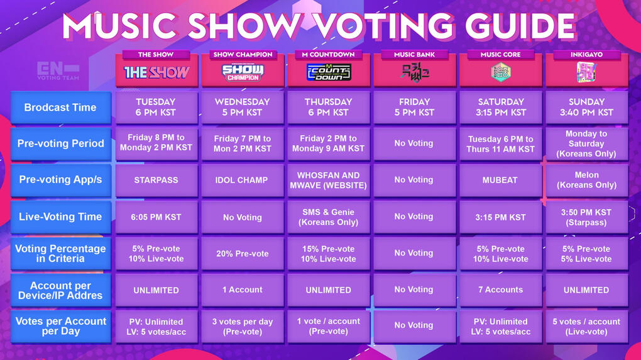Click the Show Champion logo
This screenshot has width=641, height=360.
pyautogui.click(x=243, y=73)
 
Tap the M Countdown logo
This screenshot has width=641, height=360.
pyautogui.click(x=329, y=72)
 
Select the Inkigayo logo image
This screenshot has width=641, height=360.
pyautogui.click(x=586, y=72)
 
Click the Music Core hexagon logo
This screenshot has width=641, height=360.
pyautogui.click(x=500, y=72)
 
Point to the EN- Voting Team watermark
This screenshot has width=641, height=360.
pyautogui.click(x=58, y=71)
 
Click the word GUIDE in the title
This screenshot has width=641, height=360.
pyautogui.click(x=520, y=26)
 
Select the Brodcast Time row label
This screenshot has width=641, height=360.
pyautogui.click(x=60, y=107)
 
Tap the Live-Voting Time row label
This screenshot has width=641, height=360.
pyautogui.click(x=60, y=217)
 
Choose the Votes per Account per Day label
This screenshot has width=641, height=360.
pyautogui.click(x=60, y=326)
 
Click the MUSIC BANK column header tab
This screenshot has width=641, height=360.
pyautogui.click(x=415, y=55)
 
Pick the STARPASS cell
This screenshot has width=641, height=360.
pyautogui.click(x=156, y=180)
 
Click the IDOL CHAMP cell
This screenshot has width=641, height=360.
pyautogui.click(x=243, y=180)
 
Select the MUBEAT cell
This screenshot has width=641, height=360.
pyautogui.click(x=500, y=180)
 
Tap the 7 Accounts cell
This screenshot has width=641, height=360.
pyautogui.click(x=500, y=290)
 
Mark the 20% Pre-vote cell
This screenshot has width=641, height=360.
pyautogui.click(x=243, y=253)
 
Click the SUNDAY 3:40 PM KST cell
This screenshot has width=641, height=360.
pyautogui.click(x=586, y=107)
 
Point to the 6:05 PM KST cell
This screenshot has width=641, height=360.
pyautogui.click(x=156, y=217)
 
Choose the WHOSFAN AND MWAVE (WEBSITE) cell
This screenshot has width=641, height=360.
pyautogui.click(x=329, y=180)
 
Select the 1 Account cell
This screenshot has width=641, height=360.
pyautogui.click(x=243, y=290)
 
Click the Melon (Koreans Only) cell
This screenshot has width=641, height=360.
pyautogui.click(x=586, y=180)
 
